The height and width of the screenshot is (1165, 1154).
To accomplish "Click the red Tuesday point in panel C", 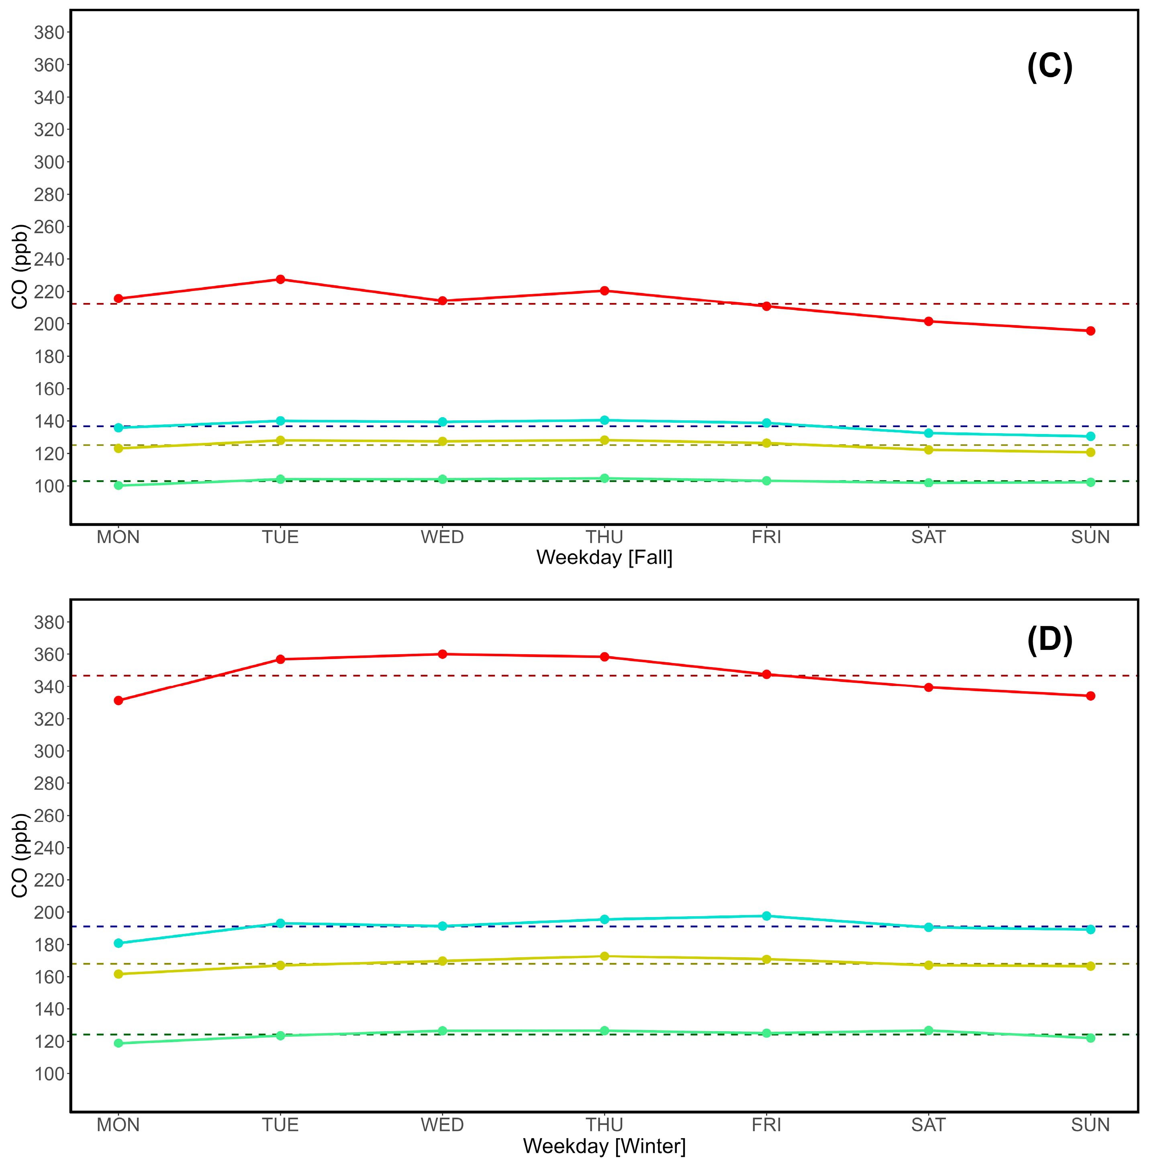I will (x=280, y=279).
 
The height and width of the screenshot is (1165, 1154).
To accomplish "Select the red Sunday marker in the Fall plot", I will (x=1090, y=331).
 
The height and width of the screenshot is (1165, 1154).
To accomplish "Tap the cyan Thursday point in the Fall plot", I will (x=605, y=420).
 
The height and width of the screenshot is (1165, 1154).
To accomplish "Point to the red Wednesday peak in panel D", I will (x=442, y=654).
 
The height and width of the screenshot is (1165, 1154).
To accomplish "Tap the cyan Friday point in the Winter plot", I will (x=766, y=916).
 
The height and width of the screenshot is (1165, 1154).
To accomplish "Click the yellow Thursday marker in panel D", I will (x=605, y=956).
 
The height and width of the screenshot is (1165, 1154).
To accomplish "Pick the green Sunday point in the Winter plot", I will (x=1090, y=1038).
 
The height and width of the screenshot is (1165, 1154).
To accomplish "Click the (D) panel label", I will (x=1049, y=640).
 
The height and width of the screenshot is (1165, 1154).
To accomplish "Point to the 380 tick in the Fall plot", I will (x=49, y=33).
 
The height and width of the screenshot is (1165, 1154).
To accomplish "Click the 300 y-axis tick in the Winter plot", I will (x=49, y=751).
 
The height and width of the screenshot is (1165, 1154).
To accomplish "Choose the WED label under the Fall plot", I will (x=442, y=536).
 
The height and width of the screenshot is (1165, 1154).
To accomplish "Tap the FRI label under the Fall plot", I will (x=766, y=536).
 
